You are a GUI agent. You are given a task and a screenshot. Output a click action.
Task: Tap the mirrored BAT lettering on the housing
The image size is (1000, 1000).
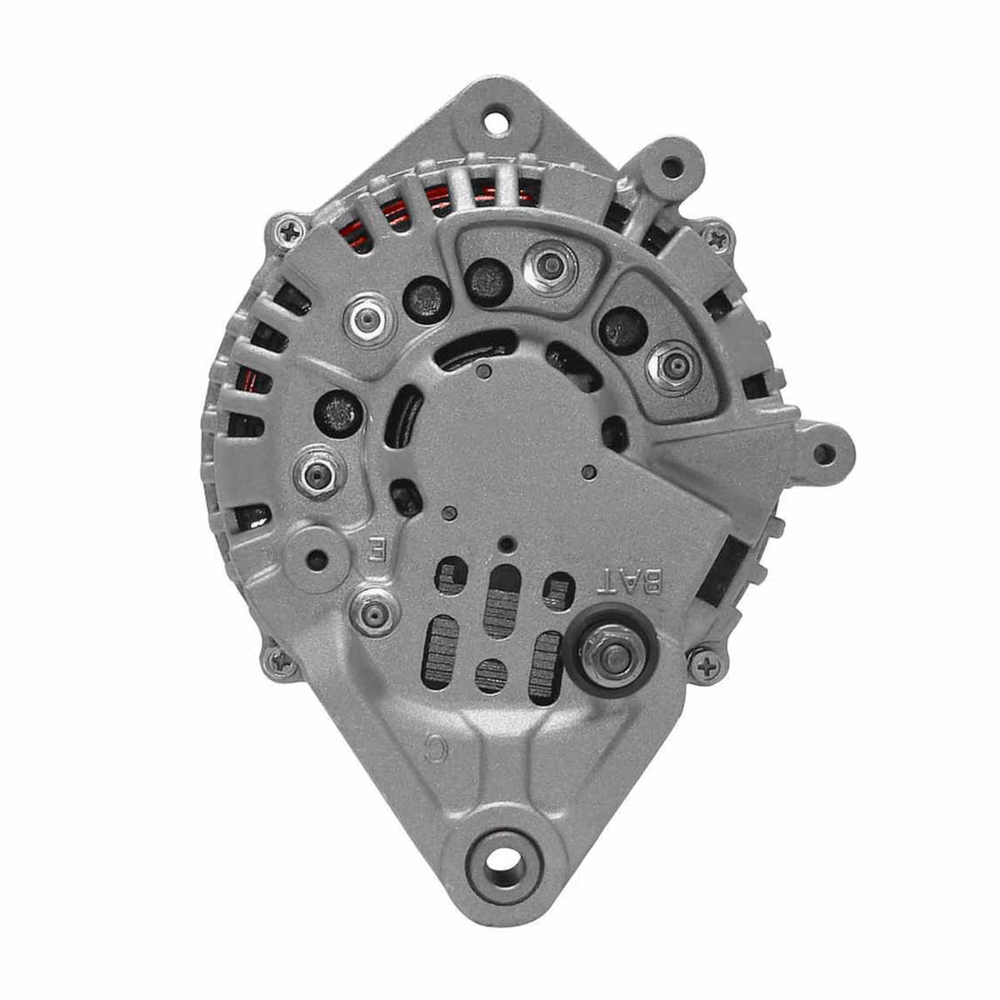tap(629, 581)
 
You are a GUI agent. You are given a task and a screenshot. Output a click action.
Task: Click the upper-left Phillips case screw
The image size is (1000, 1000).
tap(288, 231)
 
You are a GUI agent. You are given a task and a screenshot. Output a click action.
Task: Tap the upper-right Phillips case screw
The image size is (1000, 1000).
tap(717, 238)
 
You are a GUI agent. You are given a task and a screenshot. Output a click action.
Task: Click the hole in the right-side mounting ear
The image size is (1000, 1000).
tap(823, 455)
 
